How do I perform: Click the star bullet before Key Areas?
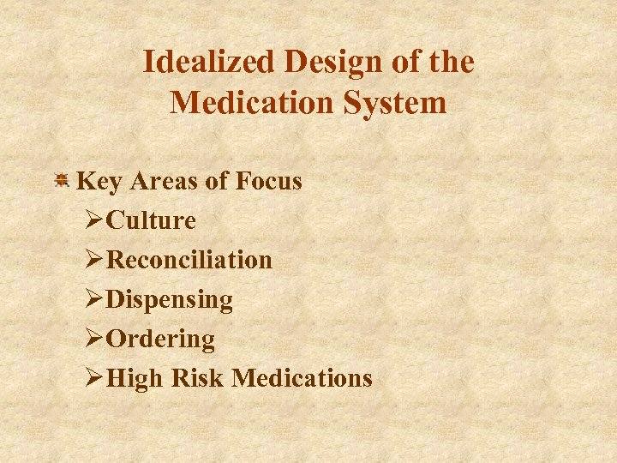[x=62, y=181]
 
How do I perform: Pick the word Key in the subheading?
[x=98, y=182]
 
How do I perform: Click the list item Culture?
[x=151, y=221]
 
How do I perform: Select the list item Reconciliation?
[x=189, y=260]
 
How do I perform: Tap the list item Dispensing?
[x=169, y=300]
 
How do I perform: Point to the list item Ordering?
[x=160, y=340]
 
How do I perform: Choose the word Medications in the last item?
[x=303, y=378]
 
